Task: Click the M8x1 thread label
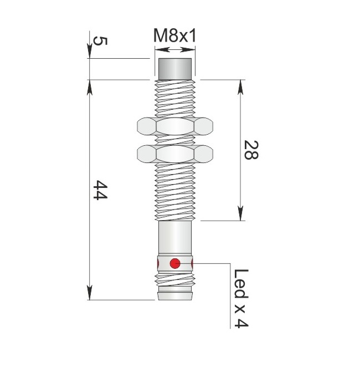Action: pyautogui.click(x=174, y=36)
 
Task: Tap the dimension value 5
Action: pyautogui.click(x=100, y=41)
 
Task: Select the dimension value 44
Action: pyautogui.click(x=100, y=190)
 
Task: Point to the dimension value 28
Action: pyautogui.click(x=251, y=150)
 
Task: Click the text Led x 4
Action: pyautogui.click(x=241, y=299)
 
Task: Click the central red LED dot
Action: pyautogui.click(x=175, y=263)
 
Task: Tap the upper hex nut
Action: pyautogui.click(x=175, y=126)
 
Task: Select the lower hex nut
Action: pyautogui.click(x=175, y=154)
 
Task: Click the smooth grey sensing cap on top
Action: pyautogui.click(x=175, y=69)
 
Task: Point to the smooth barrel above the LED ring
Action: pyautogui.click(x=175, y=238)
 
